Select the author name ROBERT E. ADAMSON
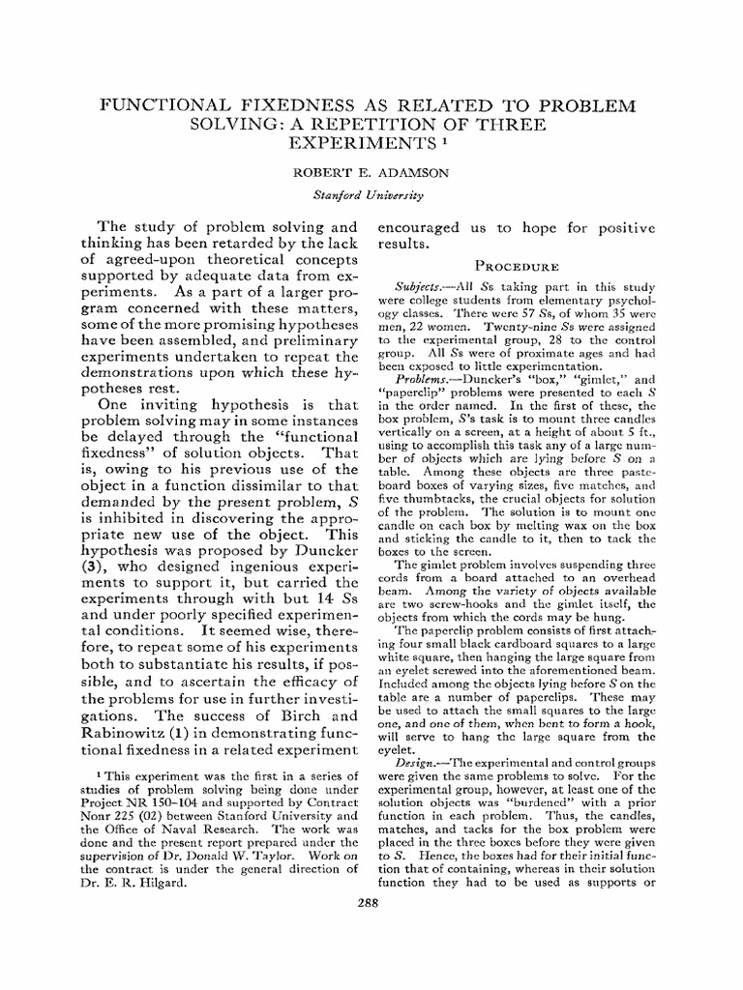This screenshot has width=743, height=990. tap(371, 176)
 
